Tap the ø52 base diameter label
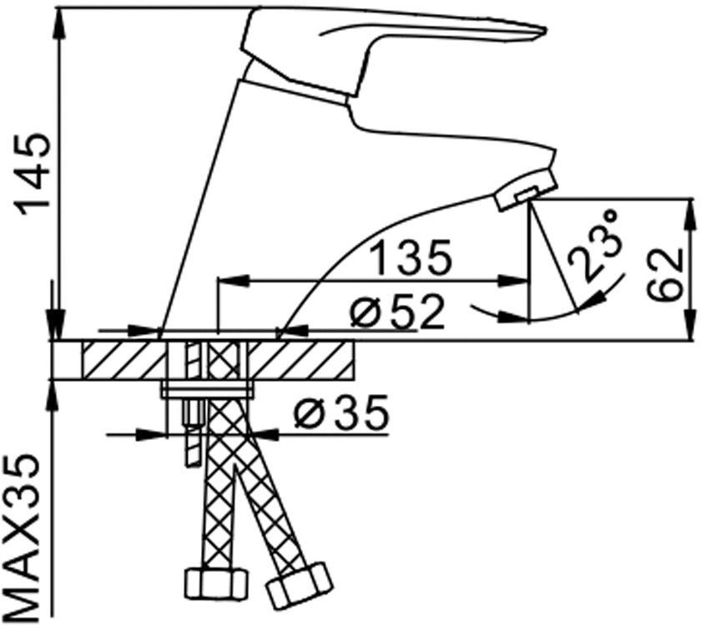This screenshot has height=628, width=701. (398, 311)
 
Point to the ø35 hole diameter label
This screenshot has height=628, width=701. (341, 412)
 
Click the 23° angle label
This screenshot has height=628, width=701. (595, 246)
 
